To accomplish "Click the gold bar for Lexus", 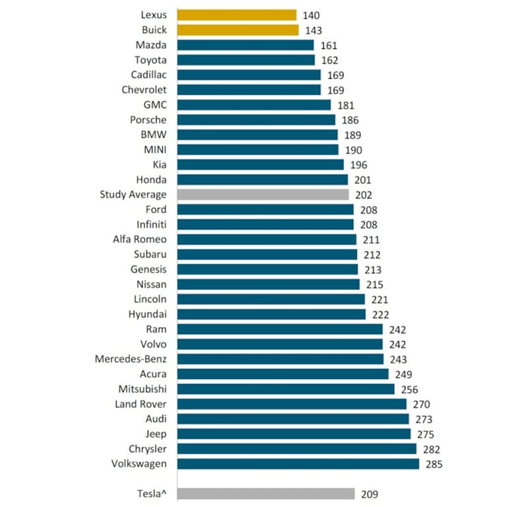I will [236, 15].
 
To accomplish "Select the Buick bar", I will [238, 30].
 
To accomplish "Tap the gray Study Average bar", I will [263, 195].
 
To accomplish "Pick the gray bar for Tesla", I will [266, 494].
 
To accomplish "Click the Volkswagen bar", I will [298, 464].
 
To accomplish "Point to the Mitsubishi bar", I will [286, 389].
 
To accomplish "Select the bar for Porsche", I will [256, 120].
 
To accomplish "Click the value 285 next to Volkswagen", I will [434, 464].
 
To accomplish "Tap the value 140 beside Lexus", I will [310, 15].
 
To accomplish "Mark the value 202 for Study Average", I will [363, 195].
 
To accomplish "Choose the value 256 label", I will [409, 389].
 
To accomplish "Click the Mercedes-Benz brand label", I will [131, 359].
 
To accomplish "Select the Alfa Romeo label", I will [140, 240].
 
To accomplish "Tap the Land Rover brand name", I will [141, 404].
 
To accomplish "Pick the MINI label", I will [154, 150].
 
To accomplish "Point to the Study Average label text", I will [133, 195].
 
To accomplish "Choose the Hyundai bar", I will [271, 314].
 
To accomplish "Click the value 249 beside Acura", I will [403, 374].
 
